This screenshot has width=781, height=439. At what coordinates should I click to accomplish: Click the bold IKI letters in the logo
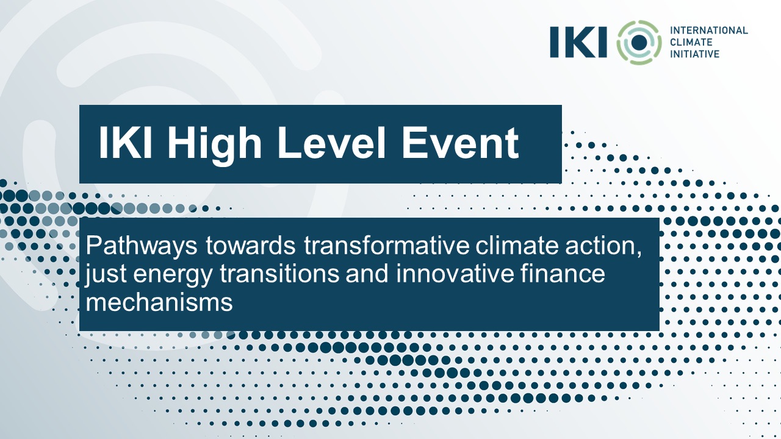(578, 42)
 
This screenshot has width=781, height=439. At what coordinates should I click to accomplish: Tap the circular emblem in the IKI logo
(639, 43)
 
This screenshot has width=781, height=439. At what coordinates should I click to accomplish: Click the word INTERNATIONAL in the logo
(709, 30)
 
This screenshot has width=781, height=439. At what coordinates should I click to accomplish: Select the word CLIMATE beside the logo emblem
(691, 42)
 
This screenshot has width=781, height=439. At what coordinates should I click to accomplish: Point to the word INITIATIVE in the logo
(694, 54)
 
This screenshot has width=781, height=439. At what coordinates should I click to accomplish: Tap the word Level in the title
(331, 143)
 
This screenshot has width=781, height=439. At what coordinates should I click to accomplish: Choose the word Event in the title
(460, 143)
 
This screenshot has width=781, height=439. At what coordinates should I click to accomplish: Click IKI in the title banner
(125, 142)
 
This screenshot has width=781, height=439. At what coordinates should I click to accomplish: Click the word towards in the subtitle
(251, 246)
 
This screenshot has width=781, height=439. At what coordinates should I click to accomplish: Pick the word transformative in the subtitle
(387, 246)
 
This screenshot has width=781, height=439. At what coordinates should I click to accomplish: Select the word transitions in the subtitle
(279, 274)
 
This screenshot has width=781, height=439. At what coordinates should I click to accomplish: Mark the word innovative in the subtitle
(455, 274)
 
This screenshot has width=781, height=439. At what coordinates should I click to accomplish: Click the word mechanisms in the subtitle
(159, 302)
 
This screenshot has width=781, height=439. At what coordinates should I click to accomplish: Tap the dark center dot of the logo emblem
(639, 43)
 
